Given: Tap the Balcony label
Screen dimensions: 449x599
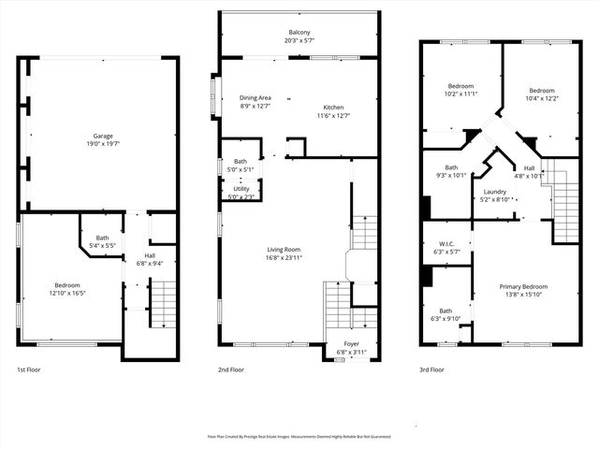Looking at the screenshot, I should tap(299, 33).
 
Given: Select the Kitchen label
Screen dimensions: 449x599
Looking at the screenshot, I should tap(333, 107).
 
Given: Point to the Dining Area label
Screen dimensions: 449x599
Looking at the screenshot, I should tap(256, 98).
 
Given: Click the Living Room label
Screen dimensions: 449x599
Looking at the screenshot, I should tap(284, 250).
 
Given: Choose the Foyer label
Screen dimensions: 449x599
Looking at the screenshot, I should tap(351, 343).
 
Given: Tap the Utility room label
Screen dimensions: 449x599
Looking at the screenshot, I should tap(241, 189).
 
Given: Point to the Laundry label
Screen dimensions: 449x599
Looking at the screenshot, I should tap(495, 191).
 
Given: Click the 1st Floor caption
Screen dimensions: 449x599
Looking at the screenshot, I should tap(29, 369).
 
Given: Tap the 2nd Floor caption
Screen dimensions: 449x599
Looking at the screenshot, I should tap(231, 369).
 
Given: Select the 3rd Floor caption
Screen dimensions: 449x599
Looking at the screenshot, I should tap(432, 369).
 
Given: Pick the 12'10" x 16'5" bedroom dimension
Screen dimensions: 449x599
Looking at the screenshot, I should tap(66, 293).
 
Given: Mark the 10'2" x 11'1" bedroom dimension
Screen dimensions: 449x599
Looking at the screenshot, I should tap(461, 94).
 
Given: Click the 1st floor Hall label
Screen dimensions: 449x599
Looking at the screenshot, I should tap(150, 255).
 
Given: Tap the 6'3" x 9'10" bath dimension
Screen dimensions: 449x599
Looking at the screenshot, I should tap(446, 318).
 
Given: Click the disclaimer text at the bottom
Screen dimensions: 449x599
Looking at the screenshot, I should tap(299, 436).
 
